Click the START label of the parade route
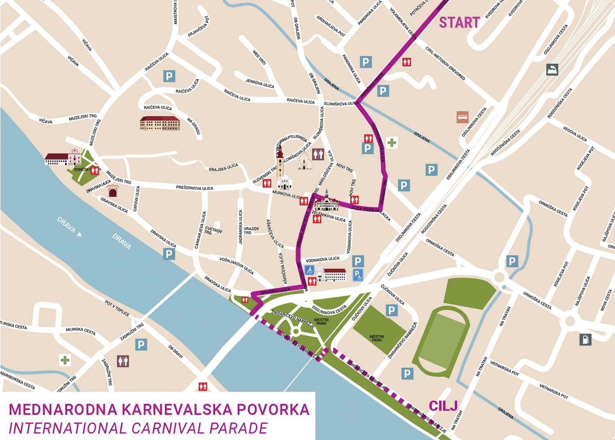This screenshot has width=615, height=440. tap(459, 23)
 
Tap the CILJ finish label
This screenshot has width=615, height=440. tap(443, 406)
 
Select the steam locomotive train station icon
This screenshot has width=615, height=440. tap(552, 70)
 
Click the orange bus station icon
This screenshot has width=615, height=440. tap(462, 117)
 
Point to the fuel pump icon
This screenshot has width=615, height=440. tap(585, 339)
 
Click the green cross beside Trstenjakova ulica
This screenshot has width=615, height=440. tap(392, 142)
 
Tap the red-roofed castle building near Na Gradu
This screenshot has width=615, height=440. tap(160, 123)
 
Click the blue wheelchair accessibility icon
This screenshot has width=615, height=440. tap(310, 270)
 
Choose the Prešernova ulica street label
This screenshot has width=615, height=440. tap(194, 188)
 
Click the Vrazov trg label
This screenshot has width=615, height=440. tap(251, 230)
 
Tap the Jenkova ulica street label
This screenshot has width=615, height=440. tap(260, 83)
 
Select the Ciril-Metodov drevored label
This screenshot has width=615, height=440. tap(445, 63)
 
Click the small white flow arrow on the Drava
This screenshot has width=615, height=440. tap(80, 234)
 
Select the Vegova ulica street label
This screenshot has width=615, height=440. tap(575, 134)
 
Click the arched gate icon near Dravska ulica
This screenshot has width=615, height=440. tap(113, 191)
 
